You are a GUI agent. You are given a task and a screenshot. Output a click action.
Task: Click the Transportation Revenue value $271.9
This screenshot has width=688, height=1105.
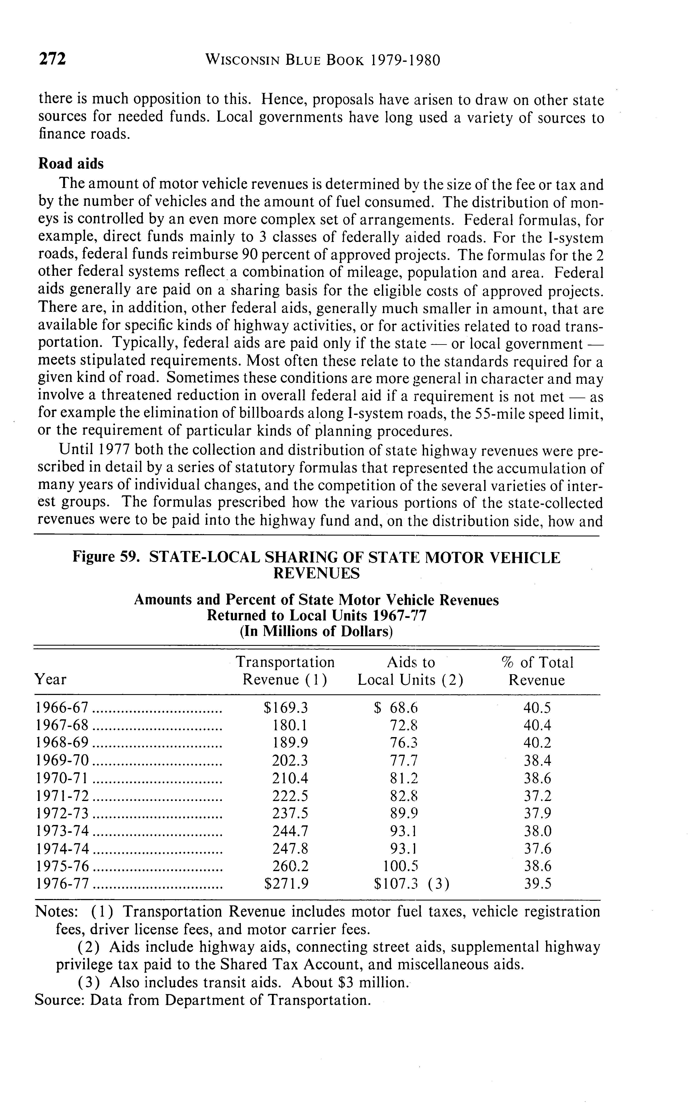pyautogui.click(x=286, y=884)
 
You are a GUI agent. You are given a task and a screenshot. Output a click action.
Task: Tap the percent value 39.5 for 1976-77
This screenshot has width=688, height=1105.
pyautogui.click(x=537, y=884)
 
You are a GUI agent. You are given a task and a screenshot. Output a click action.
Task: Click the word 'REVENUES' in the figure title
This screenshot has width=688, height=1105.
pyautogui.click(x=316, y=574)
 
